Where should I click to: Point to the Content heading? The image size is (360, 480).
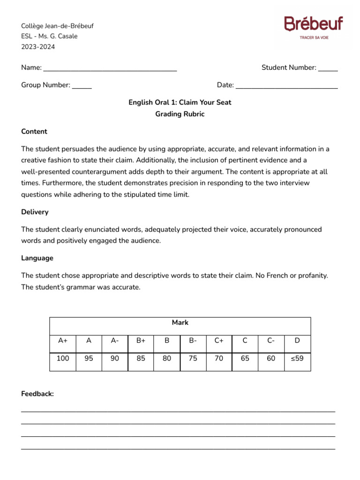point(34,132)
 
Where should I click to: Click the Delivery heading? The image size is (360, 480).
point(35,212)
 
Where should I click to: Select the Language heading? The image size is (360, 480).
point(37,258)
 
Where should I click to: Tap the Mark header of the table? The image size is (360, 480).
point(180,323)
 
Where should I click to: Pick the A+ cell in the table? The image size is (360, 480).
point(63,341)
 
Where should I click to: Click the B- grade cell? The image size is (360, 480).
point(193,341)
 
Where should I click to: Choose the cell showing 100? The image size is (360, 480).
point(63,359)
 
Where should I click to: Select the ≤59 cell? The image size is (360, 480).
point(297,359)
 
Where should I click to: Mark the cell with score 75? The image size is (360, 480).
point(193,359)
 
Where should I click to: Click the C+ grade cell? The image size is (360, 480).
point(219,341)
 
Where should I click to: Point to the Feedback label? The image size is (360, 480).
point(37,394)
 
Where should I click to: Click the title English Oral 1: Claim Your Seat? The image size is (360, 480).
point(180,102)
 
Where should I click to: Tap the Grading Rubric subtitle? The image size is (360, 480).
point(180,114)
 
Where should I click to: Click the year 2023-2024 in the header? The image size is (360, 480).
point(38,46)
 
